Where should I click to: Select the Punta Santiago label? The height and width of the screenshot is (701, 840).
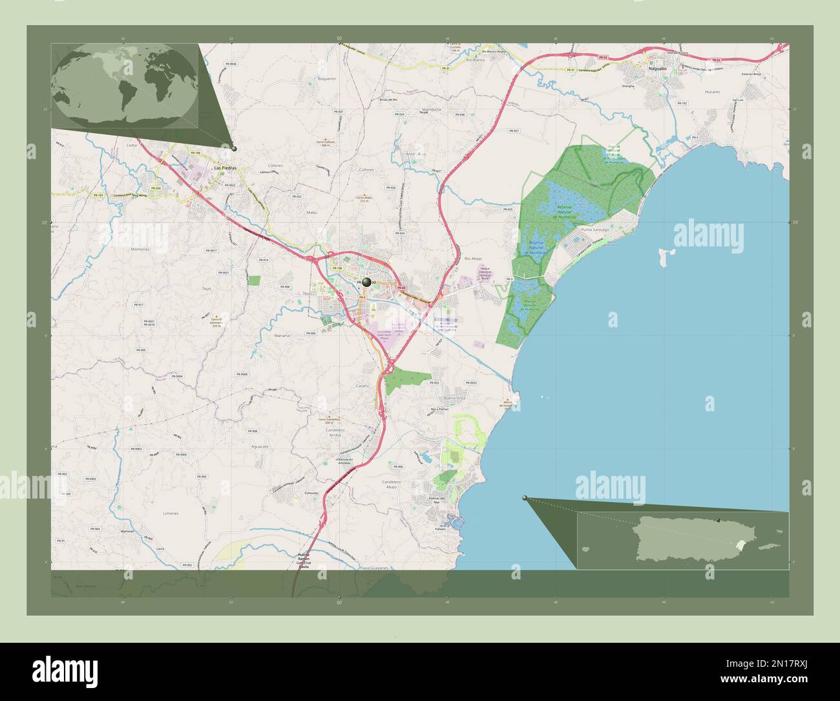tap(595, 230)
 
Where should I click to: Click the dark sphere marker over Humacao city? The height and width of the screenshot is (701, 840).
tap(367, 282)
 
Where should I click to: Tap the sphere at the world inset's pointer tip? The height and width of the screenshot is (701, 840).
tap(234, 149)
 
